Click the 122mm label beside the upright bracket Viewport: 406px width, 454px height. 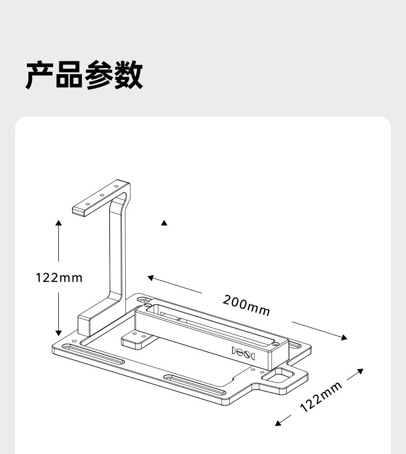59,278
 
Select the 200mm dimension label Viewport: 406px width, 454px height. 247,305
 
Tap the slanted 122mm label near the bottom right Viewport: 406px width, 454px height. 321,396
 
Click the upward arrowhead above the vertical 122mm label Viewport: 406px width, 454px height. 59,223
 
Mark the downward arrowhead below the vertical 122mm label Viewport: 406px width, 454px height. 59,333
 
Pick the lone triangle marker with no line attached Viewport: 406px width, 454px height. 164,223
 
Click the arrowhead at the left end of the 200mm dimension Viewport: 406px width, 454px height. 150,277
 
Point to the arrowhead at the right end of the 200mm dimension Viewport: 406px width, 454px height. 345,338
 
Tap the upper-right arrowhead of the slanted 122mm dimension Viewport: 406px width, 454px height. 361,371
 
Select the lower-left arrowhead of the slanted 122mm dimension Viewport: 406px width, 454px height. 278,423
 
